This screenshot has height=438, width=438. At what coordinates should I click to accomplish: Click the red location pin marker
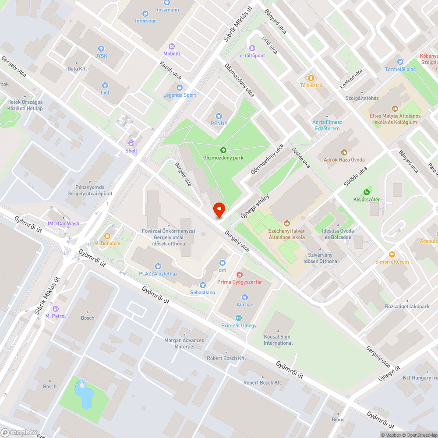pyautogui.click(x=219, y=210)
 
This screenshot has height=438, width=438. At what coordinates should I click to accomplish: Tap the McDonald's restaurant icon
pyautogui.click(x=107, y=236)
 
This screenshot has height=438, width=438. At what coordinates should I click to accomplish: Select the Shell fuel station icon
pyautogui.click(x=131, y=143)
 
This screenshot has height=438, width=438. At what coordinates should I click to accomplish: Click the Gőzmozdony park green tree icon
pyautogui.click(x=223, y=150)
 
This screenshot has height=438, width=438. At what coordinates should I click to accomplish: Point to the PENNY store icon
pyautogui.click(x=219, y=116)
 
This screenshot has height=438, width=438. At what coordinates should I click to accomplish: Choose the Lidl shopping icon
pyautogui.click(x=105, y=85)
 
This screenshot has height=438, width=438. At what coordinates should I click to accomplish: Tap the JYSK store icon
pyautogui.click(x=101, y=49)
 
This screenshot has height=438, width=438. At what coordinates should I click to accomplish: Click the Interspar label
pyautogui.click(x=145, y=21)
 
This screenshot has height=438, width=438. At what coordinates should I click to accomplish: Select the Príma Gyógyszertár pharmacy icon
pyautogui.click(x=240, y=274)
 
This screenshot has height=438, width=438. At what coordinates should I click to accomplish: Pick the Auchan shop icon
pyautogui.click(x=245, y=297)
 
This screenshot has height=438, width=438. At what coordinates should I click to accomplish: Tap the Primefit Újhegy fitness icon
pyautogui.click(x=239, y=318)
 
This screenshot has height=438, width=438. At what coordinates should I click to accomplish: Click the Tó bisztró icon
pyautogui.click(x=311, y=78)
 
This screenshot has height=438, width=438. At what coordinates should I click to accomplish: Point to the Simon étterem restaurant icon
pyautogui.click(x=392, y=254)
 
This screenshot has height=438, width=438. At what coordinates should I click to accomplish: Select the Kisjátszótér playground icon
pyautogui.click(x=367, y=192)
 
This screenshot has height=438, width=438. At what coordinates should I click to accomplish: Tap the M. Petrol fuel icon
pyautogui.click(x=55, y=308)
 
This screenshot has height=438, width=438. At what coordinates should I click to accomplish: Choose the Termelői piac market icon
pyautogui.click(x=399, y=62)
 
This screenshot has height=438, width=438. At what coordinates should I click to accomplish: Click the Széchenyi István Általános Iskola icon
pyautogui.click(x=287, y=223)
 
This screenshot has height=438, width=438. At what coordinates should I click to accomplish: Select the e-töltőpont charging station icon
pyautogui.click(x=252, y=48)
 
